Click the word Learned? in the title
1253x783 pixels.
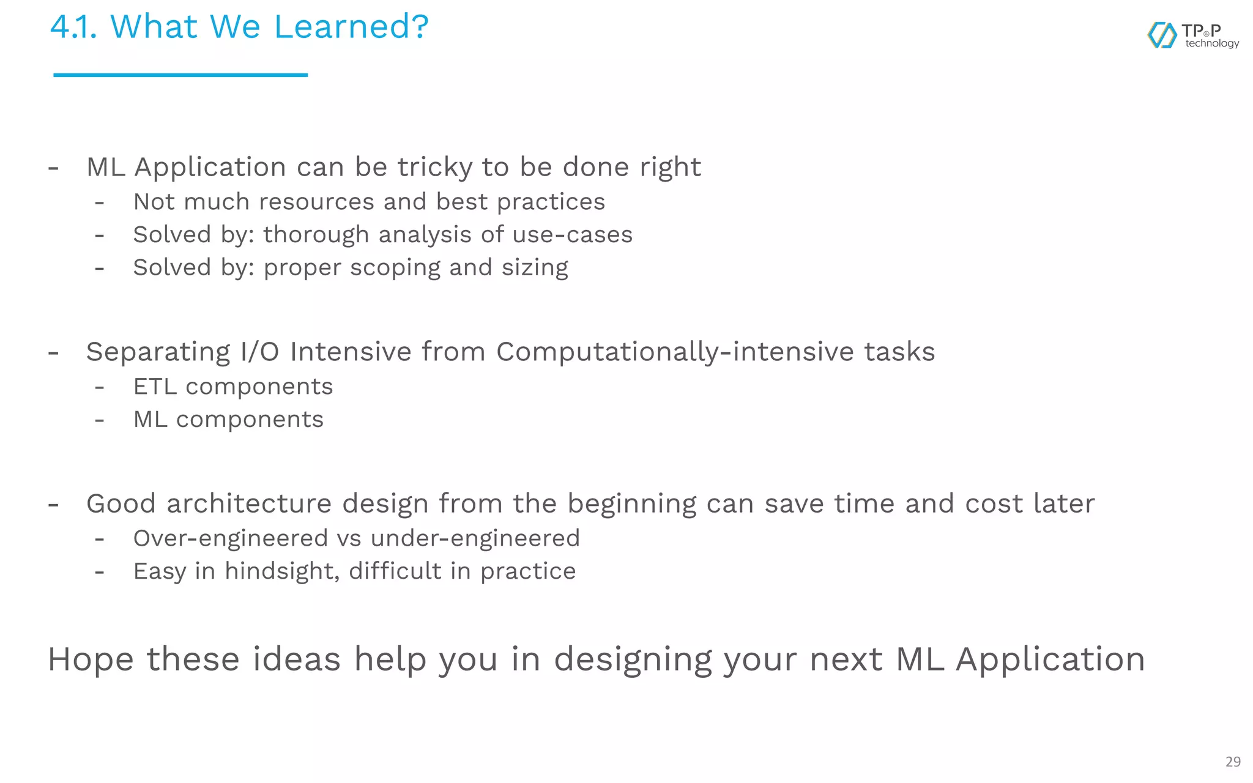(x=351, y=27)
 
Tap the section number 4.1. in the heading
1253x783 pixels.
(x=73, y=27)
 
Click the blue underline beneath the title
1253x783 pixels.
(x=180, y=75)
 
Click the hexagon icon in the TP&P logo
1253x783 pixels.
(x=1161, y=35)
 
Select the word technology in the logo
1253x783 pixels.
(x=1211, y=43)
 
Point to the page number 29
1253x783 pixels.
(x=1233, y=762)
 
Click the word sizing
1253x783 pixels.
(x=535, y=267)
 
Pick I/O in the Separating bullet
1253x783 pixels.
(x=259, y=352)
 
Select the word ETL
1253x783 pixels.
(x=155, y=387)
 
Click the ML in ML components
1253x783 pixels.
(x=150, y=420)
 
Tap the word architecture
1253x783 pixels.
(x=248, y=503)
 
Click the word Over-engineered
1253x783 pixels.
(x=231, y=538)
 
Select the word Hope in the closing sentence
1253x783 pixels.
(x=91, y=659)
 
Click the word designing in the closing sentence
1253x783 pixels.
(x=633, y=659)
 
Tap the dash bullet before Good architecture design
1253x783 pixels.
(x=54, y=505)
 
